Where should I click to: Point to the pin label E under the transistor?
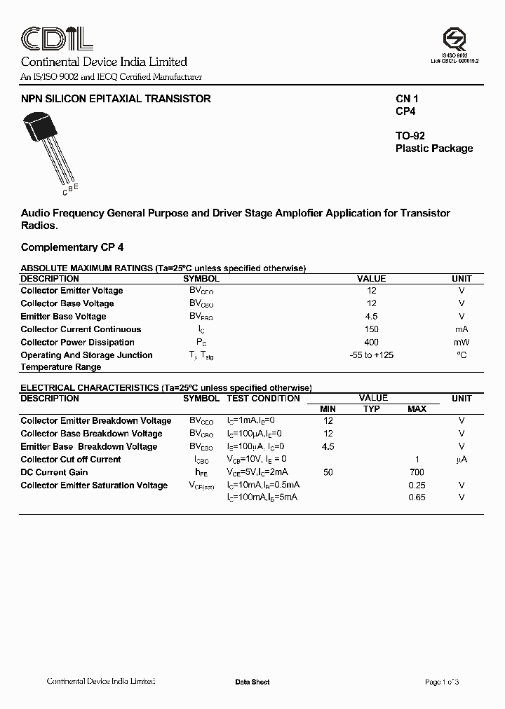[76, 186]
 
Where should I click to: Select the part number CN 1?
[407, 99]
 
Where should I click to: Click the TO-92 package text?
[410, 136]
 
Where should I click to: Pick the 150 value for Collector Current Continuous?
[371, 329]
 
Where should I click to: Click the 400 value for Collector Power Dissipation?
[371, 342]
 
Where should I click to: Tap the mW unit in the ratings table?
[461, 343]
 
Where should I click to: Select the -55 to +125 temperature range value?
[371, 355]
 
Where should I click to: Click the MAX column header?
[417, 409]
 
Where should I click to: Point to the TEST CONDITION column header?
[263, 399]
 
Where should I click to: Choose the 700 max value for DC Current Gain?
[417, 472]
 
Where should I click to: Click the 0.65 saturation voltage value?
[417, 497]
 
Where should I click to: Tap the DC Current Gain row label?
[54, 472]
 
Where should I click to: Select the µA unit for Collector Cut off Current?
[461, 460]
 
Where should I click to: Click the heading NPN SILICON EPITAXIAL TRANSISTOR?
[116, 99]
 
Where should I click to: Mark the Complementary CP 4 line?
[72, 247]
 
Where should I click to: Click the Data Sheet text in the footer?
[252, 682]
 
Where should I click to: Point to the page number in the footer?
[442, 682]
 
